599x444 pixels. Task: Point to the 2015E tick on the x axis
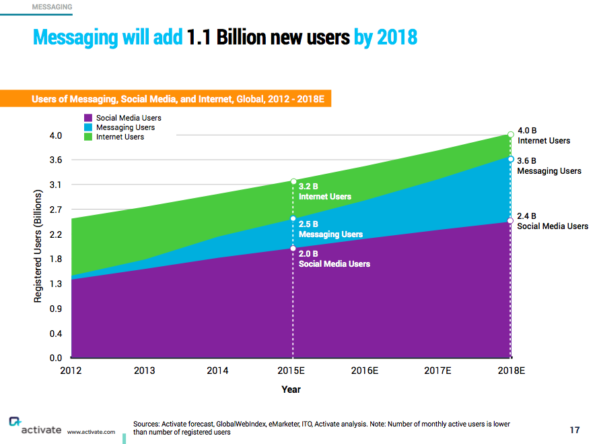click(292, 371)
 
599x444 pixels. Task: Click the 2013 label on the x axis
click(145, 371)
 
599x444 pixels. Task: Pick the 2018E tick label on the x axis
click(510, 371)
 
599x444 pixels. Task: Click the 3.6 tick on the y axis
click(55, 160)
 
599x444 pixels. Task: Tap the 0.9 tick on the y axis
click(55, 309)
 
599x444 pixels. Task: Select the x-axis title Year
click(291, 389)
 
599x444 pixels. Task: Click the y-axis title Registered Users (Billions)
click(38, 246)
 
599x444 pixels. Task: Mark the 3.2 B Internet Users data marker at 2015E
click(293, 181)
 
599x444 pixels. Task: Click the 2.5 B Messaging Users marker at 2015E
click(293, 218)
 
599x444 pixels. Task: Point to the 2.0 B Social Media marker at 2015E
click(293, 249)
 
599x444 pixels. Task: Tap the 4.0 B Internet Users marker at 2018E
click(511, 135)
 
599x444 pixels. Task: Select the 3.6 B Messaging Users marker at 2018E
click(511, 160)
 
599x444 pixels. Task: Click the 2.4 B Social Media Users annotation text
click(552, 222)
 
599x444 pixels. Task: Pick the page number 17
click(574, 430)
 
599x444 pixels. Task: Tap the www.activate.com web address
click(91, 432)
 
